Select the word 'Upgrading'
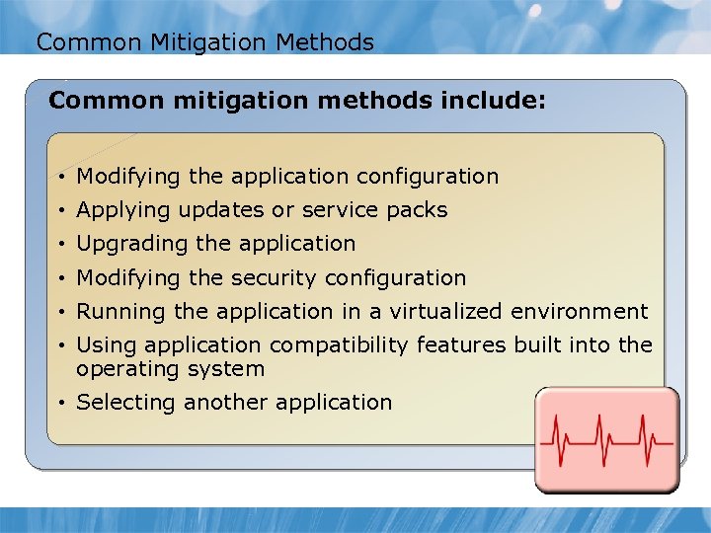[x=124, y=244]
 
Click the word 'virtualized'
[x=446, y=312]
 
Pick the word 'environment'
[x=580, y=312]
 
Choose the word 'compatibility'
[x=340, y=345]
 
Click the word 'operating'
[x=125, y=370]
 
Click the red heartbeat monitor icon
[x=607, y=439]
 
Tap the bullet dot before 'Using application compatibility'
[x=62, y=346]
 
